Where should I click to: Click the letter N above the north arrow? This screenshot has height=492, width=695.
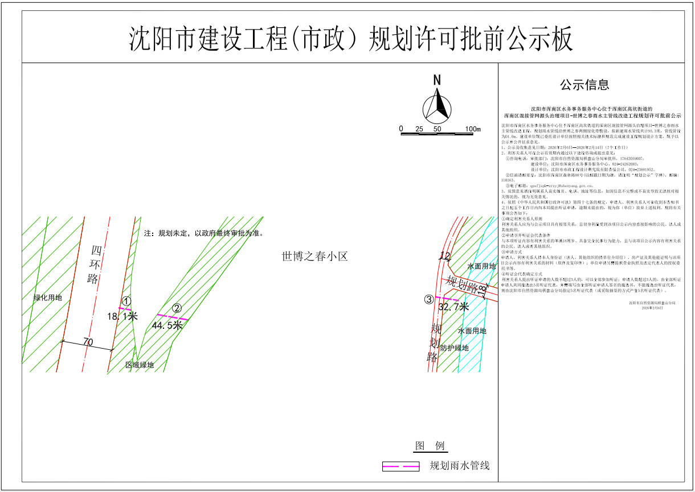(x=437, y=80)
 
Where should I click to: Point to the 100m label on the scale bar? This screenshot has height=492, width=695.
(x=473, y=129)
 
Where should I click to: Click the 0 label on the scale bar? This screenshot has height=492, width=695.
(x=401, y=129)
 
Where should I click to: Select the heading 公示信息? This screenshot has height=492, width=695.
(x=584, y=85)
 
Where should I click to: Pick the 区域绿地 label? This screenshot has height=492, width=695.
(x=140, y=365)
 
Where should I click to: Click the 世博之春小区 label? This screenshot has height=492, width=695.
(x=314, y=257)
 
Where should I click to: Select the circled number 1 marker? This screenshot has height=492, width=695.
(x=127, y=301)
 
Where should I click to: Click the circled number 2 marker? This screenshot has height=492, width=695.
(x=177, y=308)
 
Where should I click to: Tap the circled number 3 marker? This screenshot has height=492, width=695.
(x=428, y=299)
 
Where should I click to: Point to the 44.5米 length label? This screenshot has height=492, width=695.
(x=167, y=325)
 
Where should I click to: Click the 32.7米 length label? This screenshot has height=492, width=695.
(x=453, y=307)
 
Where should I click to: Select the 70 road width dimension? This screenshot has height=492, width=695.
(x=88, y=342)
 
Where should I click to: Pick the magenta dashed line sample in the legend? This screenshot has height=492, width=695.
(x=400, y=466)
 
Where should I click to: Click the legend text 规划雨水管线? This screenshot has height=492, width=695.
(x=459, y=466)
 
